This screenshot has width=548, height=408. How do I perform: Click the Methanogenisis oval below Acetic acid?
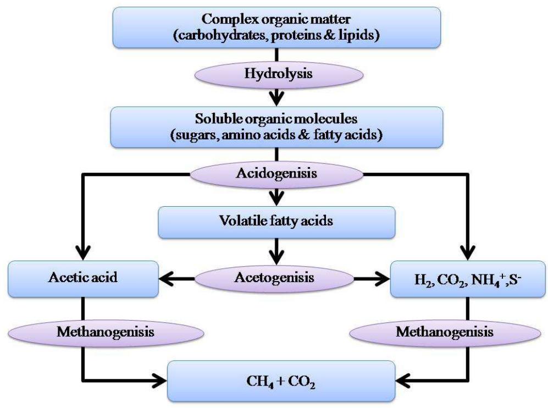pyautogui.click(x=104, y=333)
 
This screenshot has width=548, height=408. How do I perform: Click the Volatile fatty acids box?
pyautogui.click(x=276, y=222)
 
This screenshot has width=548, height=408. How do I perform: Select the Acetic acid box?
pyautogui.click(x=82, y=278)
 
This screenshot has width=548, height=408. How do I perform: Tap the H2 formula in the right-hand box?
pyautogui.click(x=420, y=279)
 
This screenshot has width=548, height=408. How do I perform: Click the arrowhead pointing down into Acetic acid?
pyautogui.click(x=82, y=252)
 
